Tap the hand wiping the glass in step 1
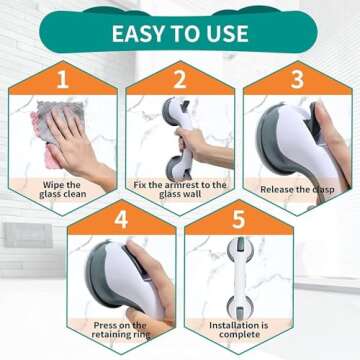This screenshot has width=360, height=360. point(75,140)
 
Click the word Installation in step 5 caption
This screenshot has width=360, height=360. point(228,326)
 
